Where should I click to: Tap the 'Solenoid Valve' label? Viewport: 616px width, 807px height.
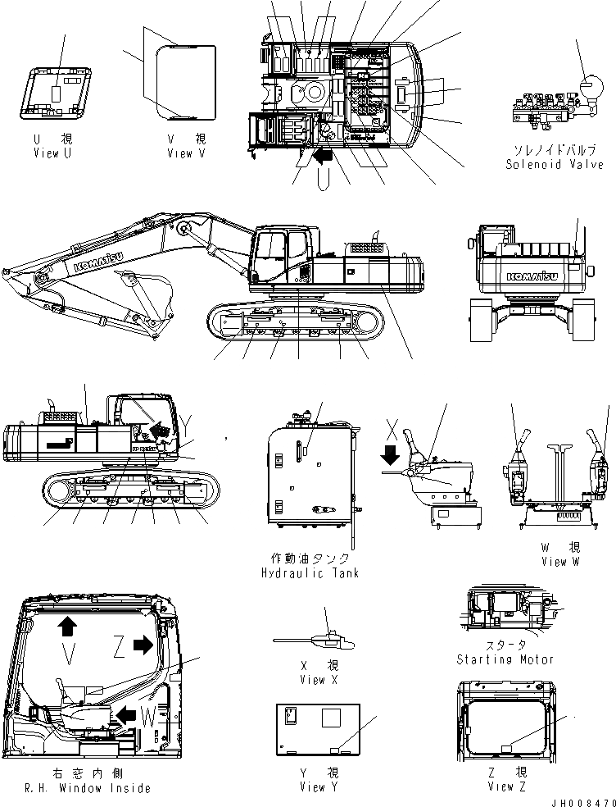pyautogui.click(x=548, y=164)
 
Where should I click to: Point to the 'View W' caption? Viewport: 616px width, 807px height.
pyautogui.click(x=560, y=562)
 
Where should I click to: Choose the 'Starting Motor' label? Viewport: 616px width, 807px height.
pyautogui.click(x=505, y=659)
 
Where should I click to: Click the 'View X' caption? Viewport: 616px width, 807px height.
pyautogui.click(x=313, y=680)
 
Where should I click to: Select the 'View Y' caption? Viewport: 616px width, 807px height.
pyautogui.click(x=313, y=787)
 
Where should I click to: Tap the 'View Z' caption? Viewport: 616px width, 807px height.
pyautogui.click(x=505, y=787)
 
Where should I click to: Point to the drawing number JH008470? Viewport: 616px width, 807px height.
pyautogui.click(x=582, y=800)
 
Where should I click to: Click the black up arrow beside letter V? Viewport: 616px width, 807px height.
pyautogui.click(x=67, y=627)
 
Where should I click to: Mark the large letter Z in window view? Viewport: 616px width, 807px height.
pyautogui.click(x=120, y=648)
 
